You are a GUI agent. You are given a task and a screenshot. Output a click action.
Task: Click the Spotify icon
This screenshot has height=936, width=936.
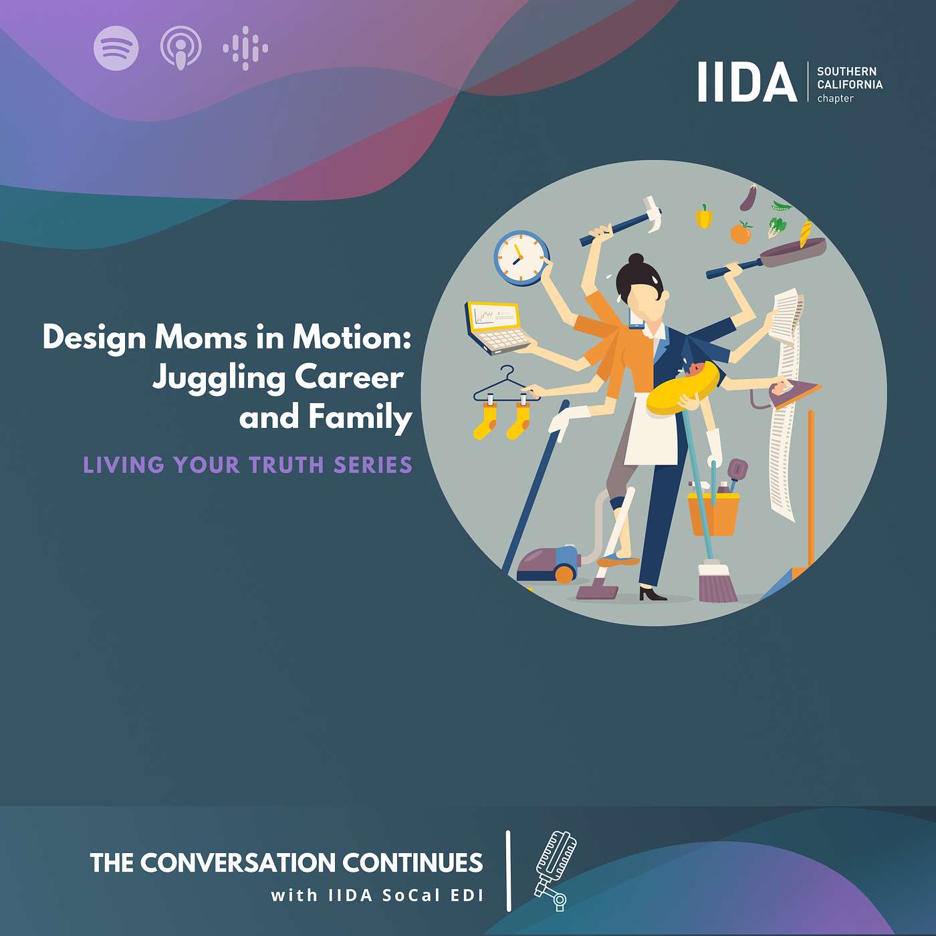point(116,48)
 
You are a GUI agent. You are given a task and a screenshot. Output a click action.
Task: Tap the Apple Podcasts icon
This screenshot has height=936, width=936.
point(181,48)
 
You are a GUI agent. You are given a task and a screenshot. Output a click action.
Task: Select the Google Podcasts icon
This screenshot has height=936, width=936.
point(245,48)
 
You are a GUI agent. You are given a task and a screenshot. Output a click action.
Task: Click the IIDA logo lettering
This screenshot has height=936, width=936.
point(747,82)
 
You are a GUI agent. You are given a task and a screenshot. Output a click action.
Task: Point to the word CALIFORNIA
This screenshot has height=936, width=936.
point(850,84)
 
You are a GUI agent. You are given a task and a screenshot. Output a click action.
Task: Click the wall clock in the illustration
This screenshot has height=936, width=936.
point(521,258)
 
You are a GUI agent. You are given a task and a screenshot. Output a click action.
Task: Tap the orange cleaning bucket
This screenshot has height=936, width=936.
point(713,514)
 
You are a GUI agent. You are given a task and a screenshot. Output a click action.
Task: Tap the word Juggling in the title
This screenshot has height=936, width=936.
point(219,379)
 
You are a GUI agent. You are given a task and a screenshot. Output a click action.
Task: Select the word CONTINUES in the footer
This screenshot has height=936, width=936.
point(413,862)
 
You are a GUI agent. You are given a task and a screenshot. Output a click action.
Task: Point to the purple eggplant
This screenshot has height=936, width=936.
point(749,197)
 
